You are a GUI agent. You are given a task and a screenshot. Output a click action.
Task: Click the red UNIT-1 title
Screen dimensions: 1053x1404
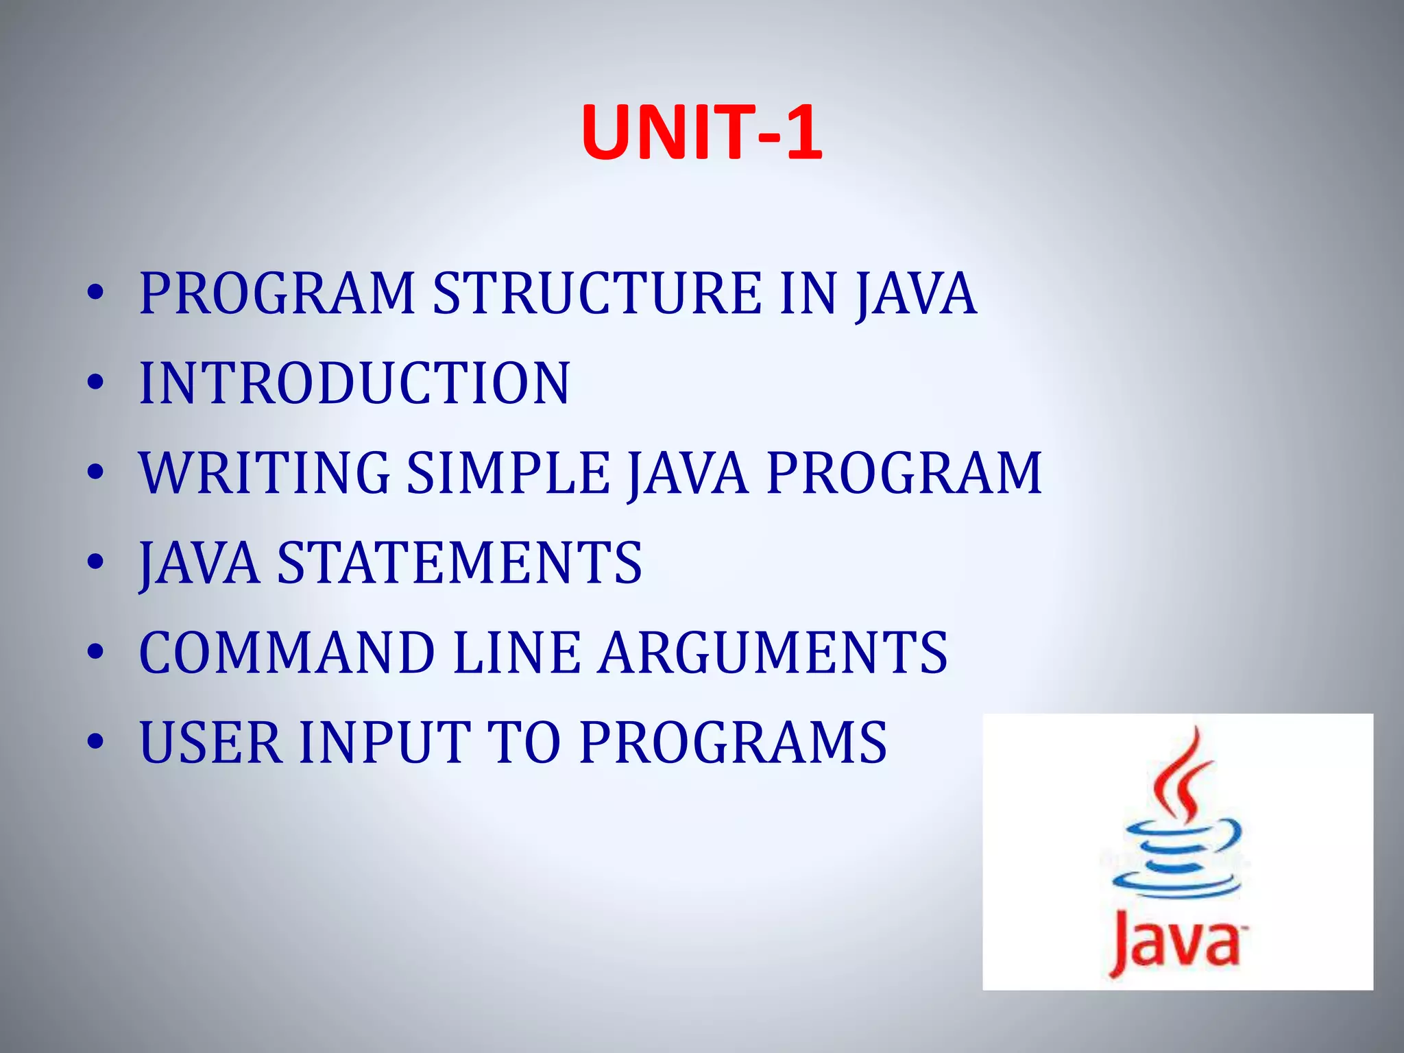[x=701, y=133]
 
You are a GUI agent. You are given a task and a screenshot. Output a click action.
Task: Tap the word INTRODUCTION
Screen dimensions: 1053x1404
[x=354, y=383]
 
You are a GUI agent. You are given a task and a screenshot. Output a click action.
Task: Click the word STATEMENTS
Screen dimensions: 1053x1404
[x=459, y=563]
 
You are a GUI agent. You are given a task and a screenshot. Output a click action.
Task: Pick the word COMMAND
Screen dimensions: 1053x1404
[x=287, y=653]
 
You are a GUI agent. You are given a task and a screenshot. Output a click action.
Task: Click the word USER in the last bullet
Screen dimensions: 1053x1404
[x=210, y=742]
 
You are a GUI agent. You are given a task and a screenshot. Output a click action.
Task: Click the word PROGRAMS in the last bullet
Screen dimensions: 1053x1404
[x=733, y=742]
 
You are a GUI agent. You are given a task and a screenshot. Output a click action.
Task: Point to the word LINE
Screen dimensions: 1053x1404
[x=516, y=653]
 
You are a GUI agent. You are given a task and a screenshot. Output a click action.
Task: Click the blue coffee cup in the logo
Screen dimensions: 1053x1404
[x=1176, y=857]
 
